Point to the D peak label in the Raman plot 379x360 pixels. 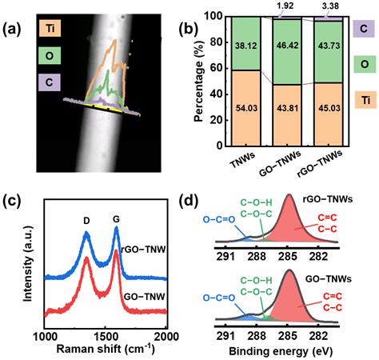86,217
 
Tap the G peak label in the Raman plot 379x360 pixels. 118,217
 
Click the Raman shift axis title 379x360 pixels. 106,349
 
